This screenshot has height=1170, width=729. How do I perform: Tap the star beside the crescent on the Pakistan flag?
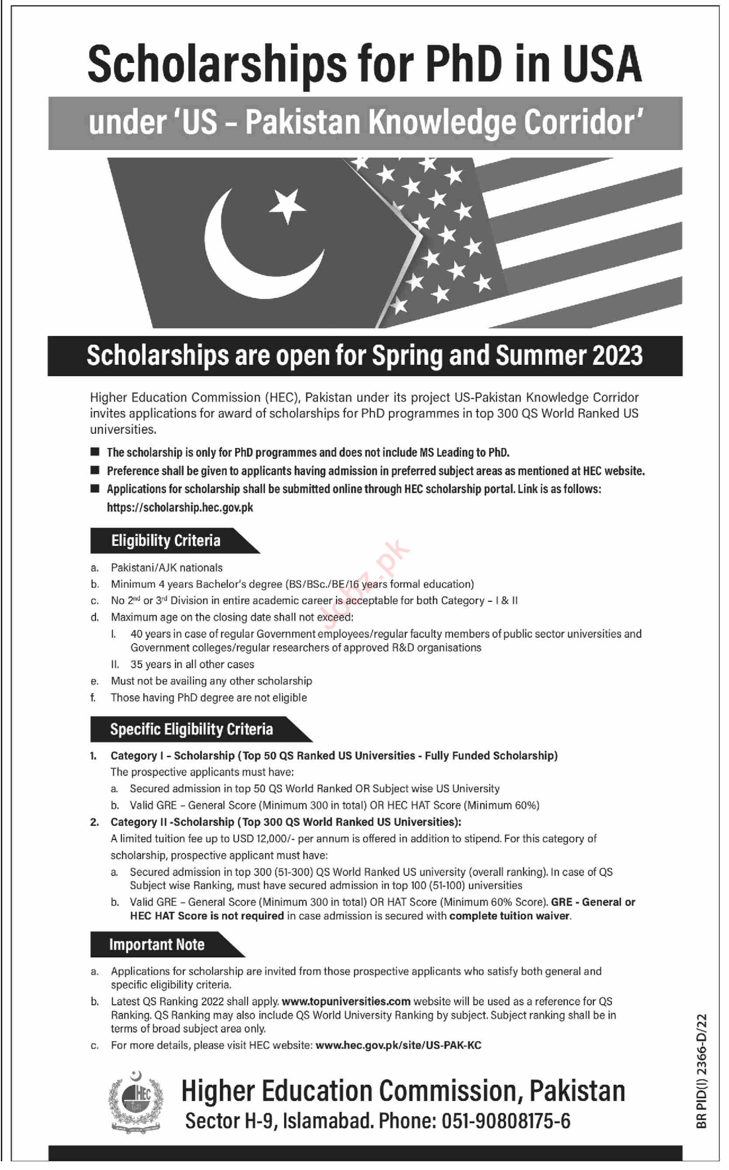tap(287, 204)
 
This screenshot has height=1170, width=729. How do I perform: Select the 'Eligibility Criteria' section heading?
tap(165, 541)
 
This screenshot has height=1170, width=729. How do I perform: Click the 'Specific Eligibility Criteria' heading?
tap(191, 729)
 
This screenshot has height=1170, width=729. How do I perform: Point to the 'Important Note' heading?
tap(156, 944)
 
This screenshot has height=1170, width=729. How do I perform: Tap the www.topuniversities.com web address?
tap(346, 1001)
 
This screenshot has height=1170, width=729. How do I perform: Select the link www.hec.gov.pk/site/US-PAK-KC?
tap(398, 1045)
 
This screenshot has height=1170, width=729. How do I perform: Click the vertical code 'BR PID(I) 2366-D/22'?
tap(701, 1070)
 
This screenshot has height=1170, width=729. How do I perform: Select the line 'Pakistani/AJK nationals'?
tap(166, 567)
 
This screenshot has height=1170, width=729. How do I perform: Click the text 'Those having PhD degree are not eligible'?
tap(208, 697)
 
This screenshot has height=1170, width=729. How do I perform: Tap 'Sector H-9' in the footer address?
tap(230, 1121)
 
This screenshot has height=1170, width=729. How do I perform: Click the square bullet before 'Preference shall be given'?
tap(95, 470)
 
